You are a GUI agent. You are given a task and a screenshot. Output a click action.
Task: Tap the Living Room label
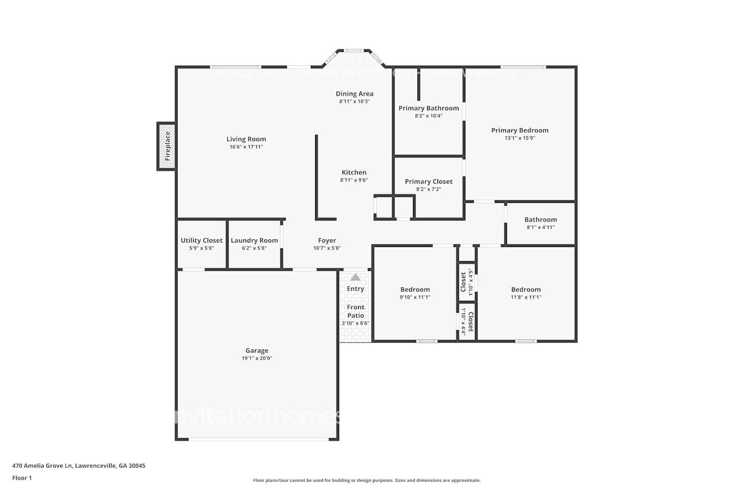[246, 139]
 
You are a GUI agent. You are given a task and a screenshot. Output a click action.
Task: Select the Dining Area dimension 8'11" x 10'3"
[354, 101]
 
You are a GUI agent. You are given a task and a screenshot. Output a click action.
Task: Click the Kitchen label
[354, 172]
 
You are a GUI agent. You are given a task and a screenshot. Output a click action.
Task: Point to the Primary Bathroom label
[429, 108]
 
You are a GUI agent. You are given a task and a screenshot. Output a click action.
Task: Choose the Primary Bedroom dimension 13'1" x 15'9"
[520, 138]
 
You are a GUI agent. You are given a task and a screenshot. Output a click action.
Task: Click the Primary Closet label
[429, 181]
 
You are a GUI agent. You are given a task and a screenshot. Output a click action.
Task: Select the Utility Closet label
[202, 240]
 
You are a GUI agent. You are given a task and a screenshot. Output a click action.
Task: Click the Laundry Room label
[254, 240]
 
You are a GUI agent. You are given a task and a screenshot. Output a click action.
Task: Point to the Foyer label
[327, 240]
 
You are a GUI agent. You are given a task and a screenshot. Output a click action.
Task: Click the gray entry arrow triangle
[356, 277]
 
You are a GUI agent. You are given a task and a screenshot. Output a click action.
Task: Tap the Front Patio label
[356, 311]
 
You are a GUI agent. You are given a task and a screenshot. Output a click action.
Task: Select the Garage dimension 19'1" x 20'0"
[257, 358]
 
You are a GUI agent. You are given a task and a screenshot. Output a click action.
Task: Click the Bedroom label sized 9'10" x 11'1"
[415, 290]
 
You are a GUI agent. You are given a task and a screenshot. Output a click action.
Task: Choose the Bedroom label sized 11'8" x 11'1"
[526, 290]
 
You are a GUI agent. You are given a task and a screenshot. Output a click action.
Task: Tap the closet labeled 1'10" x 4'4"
[467, 322]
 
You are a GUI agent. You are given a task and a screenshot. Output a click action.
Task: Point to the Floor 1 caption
[22, 478]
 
